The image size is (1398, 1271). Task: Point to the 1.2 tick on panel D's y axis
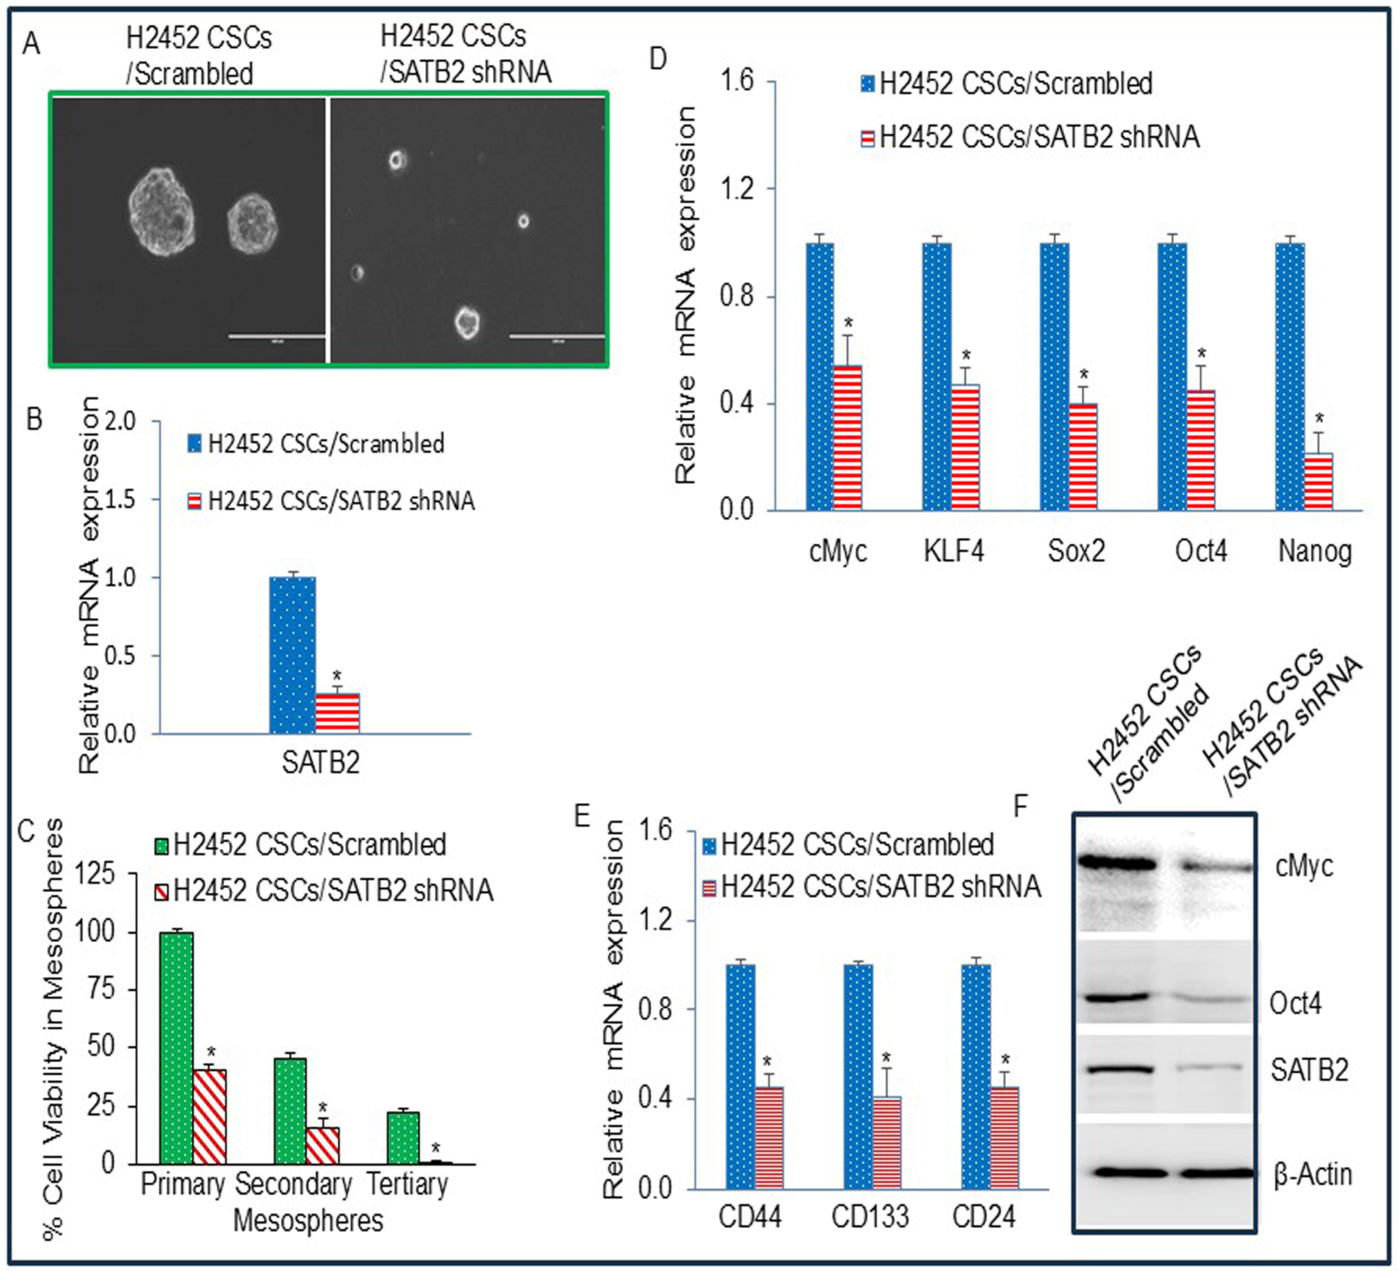(x=736, y=188)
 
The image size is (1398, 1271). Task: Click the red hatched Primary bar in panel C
(x=209, y=1116)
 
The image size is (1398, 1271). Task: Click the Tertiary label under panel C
(x=407, y=1183)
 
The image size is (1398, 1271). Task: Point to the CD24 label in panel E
(x=983, y=1217)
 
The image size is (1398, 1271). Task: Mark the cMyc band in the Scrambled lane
(x=1118, y=864)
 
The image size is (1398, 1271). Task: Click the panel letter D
(x=657, y=59)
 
